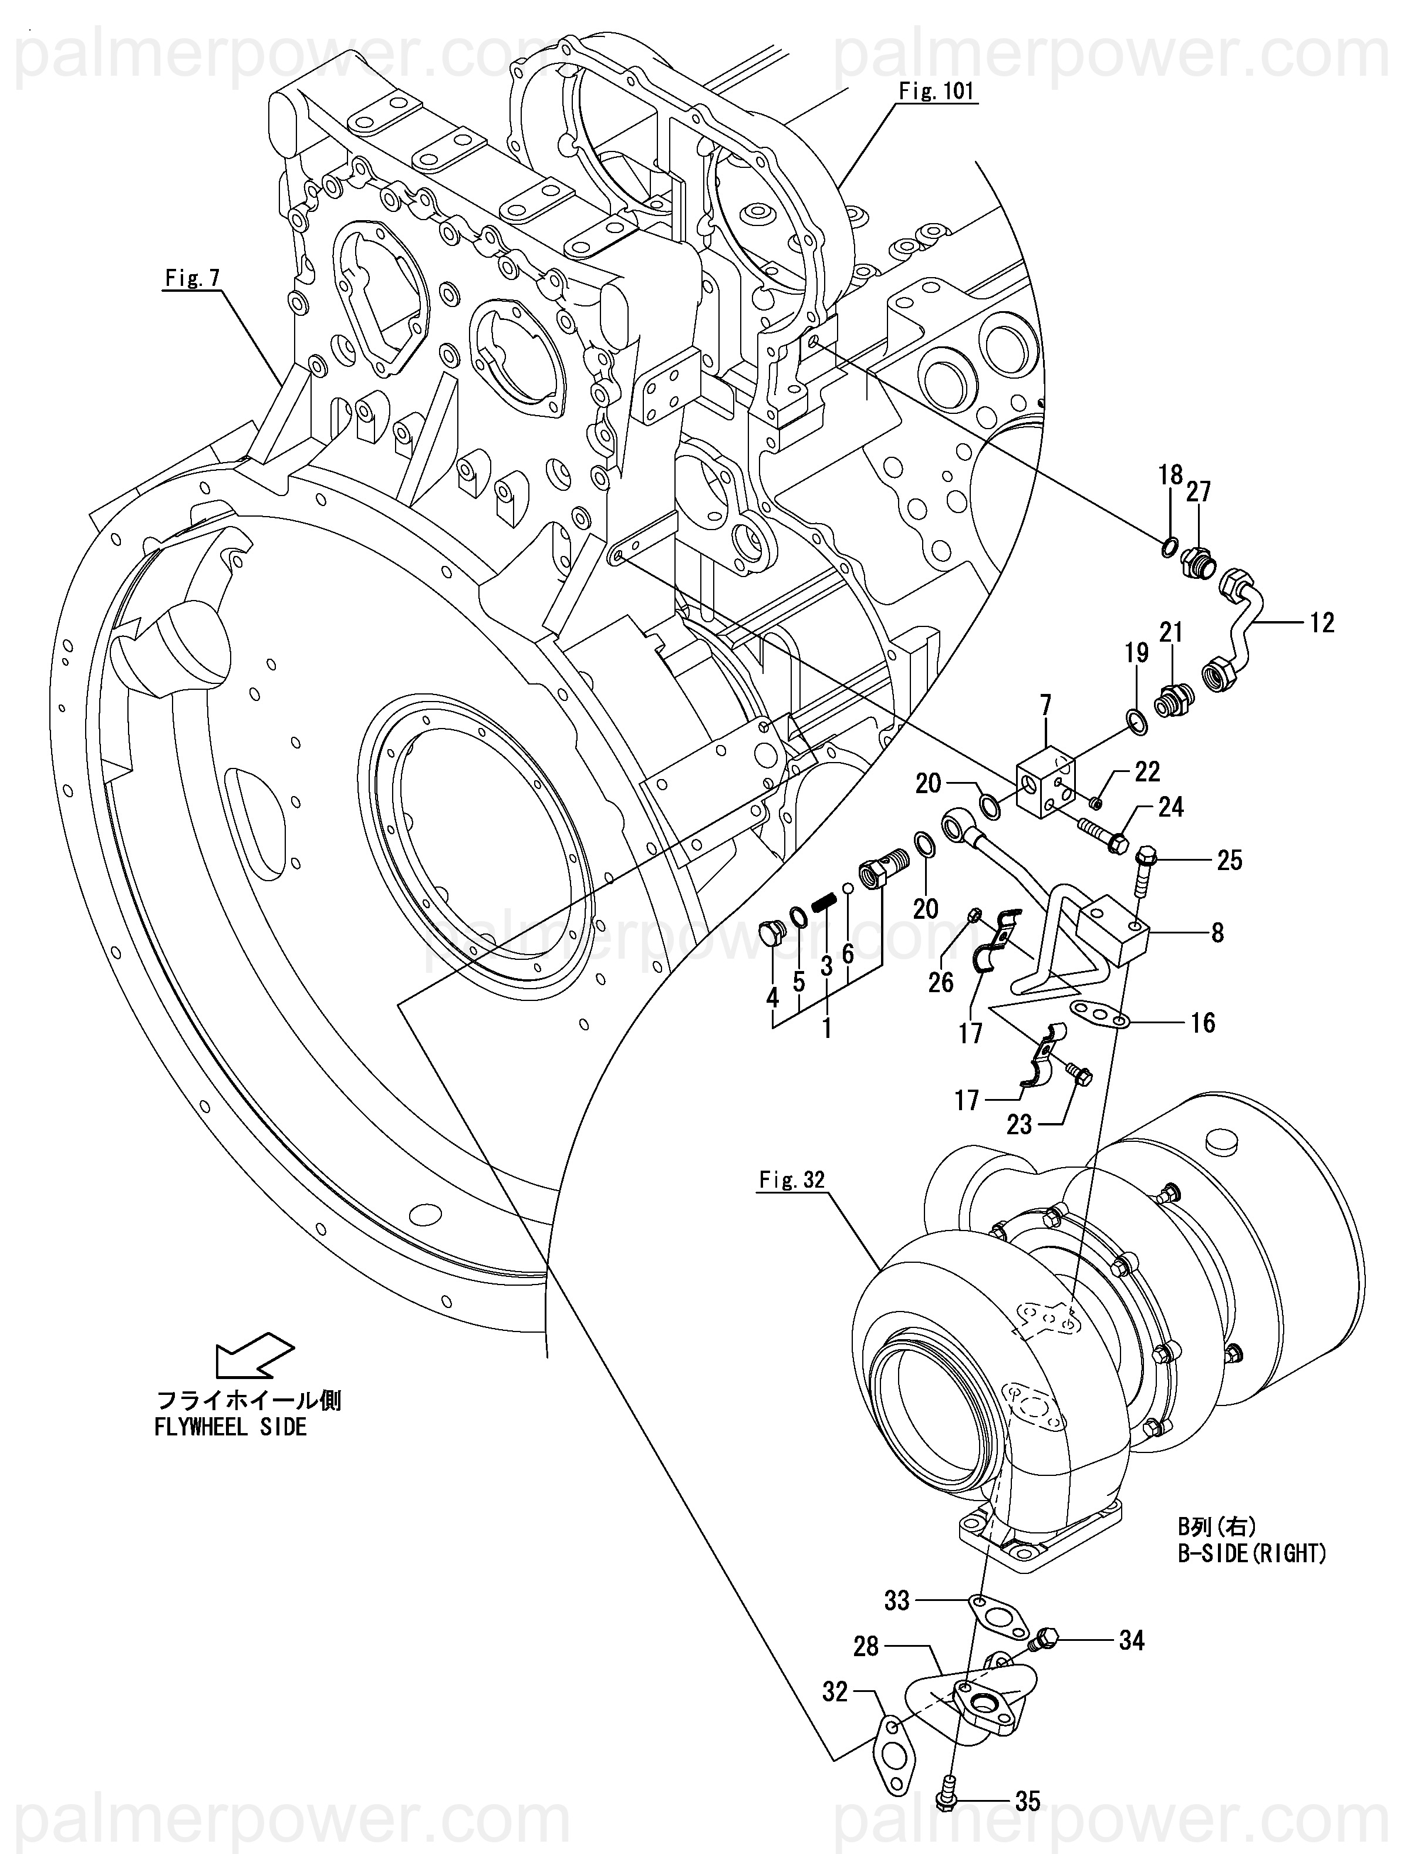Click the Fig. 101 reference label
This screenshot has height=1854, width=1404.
(936, 90)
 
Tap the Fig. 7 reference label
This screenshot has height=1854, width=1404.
(191, 278)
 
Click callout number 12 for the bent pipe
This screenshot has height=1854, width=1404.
(1322, 623)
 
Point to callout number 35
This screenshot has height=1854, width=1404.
(1028, 1801)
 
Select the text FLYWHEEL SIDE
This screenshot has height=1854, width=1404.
(231, 1427)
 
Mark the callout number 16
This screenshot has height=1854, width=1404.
(1203, 1023)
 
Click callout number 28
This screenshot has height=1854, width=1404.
(866, 1647)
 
